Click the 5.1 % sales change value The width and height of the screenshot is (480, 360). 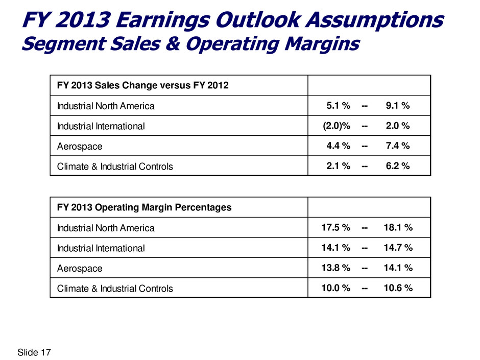tap(338, 106)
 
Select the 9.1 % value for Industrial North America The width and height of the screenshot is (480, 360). tap(397, 106)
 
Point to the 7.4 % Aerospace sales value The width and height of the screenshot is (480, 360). tap(397, 146)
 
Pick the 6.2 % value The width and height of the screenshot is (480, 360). tap(397, 166)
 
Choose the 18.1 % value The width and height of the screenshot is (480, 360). tap(398, 228)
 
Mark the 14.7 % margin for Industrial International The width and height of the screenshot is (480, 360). tap(398, 248)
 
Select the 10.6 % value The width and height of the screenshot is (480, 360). tap(398, 288)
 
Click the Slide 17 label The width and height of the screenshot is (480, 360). tap(35, 352)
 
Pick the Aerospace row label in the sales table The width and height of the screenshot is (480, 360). tap(80, 146)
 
